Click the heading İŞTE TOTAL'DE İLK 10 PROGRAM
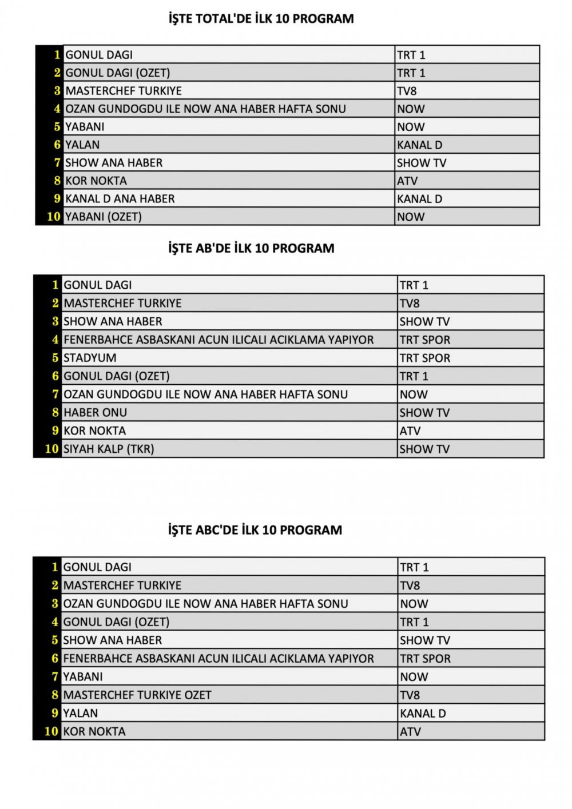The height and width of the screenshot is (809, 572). point(261,19)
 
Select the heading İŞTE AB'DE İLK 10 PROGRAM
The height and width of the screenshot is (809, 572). point(251,248)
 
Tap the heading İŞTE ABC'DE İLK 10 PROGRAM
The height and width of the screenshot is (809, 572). point(255,530)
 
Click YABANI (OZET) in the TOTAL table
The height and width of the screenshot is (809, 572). point(104,217)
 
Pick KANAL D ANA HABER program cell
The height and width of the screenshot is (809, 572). point(120,199)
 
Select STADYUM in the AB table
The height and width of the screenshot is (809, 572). point(90,358)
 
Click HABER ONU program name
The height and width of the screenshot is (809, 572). point(95,413)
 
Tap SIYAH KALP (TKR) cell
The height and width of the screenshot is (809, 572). point(109,449)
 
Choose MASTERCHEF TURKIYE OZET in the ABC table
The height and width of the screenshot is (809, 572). point(137,695)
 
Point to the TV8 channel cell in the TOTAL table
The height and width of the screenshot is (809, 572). point(407,91)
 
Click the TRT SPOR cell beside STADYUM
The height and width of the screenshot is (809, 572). point(425,358)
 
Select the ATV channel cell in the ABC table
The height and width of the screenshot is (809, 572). point(410,732)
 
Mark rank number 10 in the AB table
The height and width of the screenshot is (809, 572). point(52,449)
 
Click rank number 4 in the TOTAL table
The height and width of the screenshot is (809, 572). point(57,109)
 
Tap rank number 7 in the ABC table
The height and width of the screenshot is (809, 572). point(55,677)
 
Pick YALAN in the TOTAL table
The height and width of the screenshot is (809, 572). point(82,145)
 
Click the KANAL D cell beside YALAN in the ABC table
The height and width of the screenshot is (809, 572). point(423,714)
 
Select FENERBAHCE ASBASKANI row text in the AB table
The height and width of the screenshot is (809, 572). point(219,340)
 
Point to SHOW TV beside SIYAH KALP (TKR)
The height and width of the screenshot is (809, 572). point(424,449)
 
